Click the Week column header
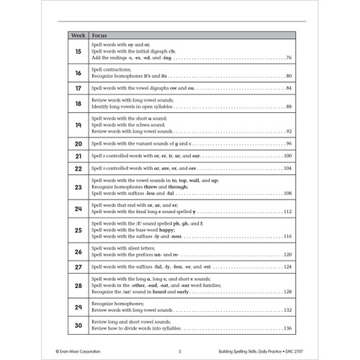pos(77,34)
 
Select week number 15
pos(77,50)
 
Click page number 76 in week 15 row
pos(288,58)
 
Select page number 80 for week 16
pos(288,76)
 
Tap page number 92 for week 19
pos(288,132)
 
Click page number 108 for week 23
pos(287,194)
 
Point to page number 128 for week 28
pos(287,292)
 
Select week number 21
pos(77,156)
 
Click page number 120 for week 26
pos(287,255)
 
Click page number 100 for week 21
pos(287,156)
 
